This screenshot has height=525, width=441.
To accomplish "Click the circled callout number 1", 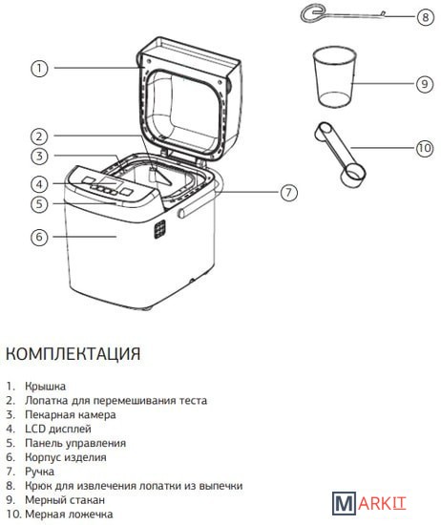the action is tap(39, 69).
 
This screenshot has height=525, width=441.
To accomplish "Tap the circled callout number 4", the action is tap(39, 184).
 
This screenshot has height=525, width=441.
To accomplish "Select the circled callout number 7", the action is tap(288, 193).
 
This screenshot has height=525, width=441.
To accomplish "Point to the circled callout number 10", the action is tap(425, 148).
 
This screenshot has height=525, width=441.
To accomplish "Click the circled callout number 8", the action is tap(426, 16).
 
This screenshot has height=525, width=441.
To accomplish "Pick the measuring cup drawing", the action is tap(334, 76).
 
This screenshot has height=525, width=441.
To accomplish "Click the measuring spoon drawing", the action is tap(340, 155).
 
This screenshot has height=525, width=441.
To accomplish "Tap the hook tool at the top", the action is tap(342, 14).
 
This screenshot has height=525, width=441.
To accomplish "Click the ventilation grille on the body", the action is tap(159, 229).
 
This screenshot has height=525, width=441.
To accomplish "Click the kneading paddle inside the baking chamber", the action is tap(161, 176).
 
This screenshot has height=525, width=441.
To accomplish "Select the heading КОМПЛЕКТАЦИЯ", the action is tap(73, 353).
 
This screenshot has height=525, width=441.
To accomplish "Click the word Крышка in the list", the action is tap(45, 387).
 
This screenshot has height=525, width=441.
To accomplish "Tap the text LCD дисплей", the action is tap(58, 429).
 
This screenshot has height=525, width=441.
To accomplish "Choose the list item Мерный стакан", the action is tap(65, 500).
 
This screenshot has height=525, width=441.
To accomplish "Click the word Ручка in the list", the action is tap(39, 472).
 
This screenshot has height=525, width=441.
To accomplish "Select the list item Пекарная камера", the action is tap(71, 415).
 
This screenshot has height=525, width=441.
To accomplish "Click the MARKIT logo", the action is tap(369, 503).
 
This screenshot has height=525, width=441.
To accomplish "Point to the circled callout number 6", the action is tap(39, 237).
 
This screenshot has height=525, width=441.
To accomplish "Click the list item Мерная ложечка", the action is tap(69, 514).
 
